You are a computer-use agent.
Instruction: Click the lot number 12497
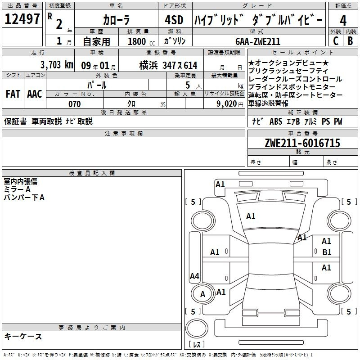(22, 19)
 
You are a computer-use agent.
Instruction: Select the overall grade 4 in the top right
(343, 21)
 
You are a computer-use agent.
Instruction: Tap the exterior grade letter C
(336, 41)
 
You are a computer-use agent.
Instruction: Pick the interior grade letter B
(350, 41)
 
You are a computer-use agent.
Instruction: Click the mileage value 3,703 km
(57, 65)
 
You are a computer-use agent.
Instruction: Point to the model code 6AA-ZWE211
(258, 41)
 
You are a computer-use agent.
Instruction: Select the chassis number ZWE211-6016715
(302, 143)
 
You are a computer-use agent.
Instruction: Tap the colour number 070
(74, 104)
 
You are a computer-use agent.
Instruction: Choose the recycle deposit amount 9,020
(227, 104)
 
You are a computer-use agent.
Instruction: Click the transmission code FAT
(13, 94)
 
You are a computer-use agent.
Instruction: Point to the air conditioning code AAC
(35, 94)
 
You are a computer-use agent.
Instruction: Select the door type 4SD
(174, 20)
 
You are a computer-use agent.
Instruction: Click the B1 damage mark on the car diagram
(327, 252)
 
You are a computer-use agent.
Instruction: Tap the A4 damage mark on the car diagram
(194, 276)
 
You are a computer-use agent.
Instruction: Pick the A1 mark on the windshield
(251, 216)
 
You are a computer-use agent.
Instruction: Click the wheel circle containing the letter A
(203, 294)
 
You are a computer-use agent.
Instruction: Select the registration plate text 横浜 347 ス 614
(168, 66)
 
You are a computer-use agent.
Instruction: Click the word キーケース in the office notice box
(23, 336)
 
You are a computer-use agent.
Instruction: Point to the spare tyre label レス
(197, 344)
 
